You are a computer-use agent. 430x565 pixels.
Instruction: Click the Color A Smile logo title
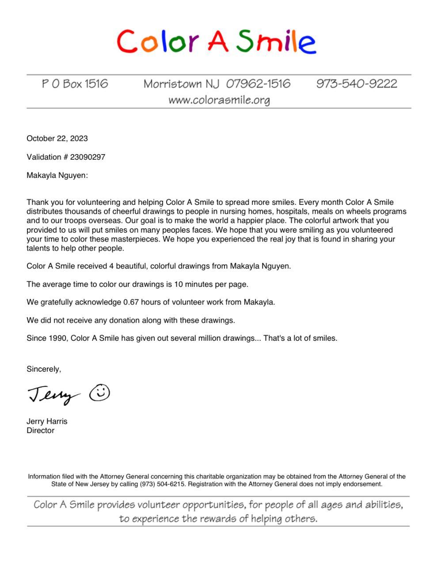coord(216,41)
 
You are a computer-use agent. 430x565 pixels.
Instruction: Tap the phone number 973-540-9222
coord(356,84)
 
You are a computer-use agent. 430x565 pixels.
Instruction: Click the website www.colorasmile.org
coord(219,100)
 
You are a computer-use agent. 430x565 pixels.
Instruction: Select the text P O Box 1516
coord(75,84)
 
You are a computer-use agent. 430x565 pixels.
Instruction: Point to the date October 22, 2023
coord(57,139)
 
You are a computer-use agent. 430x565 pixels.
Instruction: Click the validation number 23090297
coord(88,157)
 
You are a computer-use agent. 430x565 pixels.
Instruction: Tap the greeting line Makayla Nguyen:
coord(57,176)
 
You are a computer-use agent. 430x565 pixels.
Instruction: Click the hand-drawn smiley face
coord(99,392)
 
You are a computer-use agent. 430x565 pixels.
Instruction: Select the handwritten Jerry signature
coord(53,394)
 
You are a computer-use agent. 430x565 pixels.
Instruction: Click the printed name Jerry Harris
coord(47,422)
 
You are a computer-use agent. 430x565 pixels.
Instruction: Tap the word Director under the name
coord(40,431)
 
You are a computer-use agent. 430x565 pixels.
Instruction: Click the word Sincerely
coord(44,369)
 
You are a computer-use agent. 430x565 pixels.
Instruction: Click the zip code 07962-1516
coord(258,84)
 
